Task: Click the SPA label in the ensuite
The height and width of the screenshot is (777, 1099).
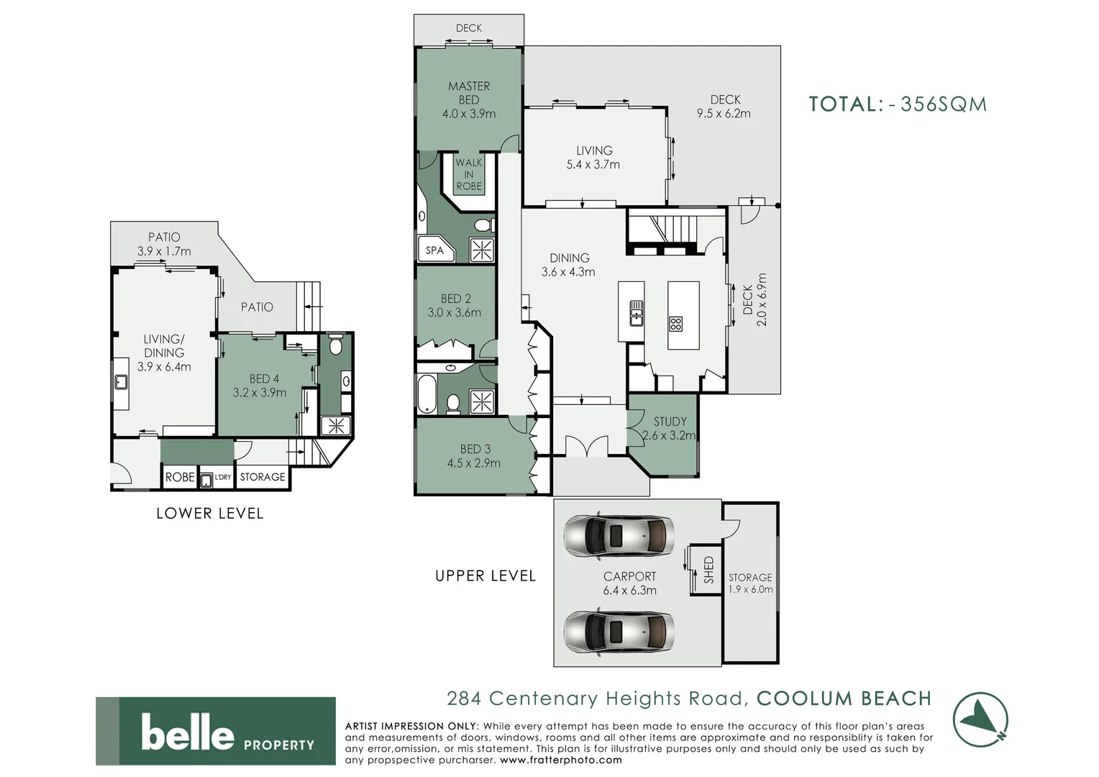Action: tap(434, 250)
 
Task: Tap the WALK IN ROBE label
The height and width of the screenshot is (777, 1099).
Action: tap(469, 174)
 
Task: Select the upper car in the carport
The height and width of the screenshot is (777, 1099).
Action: tap(619, 536)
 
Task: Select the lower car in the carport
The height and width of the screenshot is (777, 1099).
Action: tap(619, 632)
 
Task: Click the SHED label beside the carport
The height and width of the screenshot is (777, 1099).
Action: tap(708, 569)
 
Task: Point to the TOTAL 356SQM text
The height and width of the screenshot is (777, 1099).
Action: tap(898, 104)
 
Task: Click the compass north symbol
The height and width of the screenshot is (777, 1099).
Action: tap(980, 719)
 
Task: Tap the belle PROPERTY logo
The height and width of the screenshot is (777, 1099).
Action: tap(216, 731)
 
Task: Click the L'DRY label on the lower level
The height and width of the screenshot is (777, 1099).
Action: tap(223, 477)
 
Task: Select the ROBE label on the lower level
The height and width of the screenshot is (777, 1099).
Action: tap(180, 477)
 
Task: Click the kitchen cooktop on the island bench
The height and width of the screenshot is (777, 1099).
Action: tap(675, 324)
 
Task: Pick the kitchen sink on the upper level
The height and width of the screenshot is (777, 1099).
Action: tap(637, 314)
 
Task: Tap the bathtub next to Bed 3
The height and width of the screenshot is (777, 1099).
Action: tap(427, 394)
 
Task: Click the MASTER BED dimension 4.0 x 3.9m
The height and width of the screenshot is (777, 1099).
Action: tap(469, 114)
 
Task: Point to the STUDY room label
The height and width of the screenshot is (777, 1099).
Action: tap(670, 422)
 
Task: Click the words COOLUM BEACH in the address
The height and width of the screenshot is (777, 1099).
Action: tap(844, 699)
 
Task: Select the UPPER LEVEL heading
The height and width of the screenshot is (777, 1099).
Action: tap(485, 576)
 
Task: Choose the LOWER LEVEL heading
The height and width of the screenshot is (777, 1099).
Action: tap(210, 513)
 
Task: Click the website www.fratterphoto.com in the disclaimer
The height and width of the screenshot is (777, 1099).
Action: tap(560, 760)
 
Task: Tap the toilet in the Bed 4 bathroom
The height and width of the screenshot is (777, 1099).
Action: tap(335, 347)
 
